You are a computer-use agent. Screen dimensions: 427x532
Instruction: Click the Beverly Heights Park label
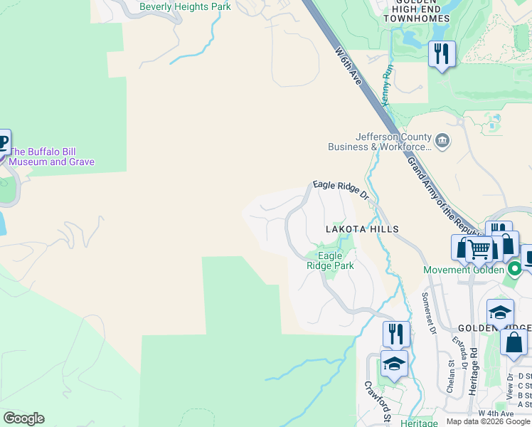[185, 6]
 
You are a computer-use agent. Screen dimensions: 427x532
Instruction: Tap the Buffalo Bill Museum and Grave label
[51, 157]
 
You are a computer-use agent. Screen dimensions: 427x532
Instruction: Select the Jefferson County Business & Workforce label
[379, 142]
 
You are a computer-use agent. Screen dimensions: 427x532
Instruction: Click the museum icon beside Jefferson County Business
[443, 140]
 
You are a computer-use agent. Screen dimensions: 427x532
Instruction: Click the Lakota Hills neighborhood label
[362, 229]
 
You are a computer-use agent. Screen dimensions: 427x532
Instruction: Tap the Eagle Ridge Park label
[330, 260]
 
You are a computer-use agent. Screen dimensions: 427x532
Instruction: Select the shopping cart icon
[480, 249]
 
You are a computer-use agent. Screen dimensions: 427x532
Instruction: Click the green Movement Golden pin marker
[514, 269]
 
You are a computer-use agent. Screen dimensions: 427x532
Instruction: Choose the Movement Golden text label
[464, 270]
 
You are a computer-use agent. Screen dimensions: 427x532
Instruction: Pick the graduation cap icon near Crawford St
[394, 364]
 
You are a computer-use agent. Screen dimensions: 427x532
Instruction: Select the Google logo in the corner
[23, 418]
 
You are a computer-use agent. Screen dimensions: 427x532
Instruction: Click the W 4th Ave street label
[496, 413]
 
